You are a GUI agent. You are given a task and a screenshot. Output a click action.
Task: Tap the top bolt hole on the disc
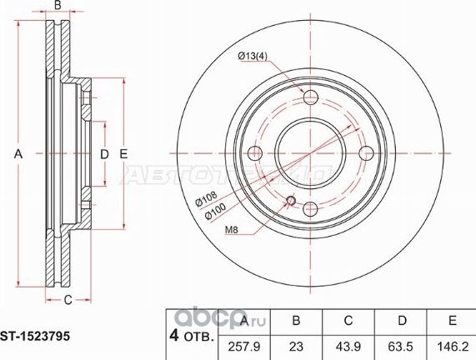pyautogui.click(x=310, y=97)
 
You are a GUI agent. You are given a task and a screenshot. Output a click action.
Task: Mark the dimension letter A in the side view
pyautogui.click(x=18, y=154)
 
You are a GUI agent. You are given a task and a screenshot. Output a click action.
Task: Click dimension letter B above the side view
pyautogui.click(x=58, y=6)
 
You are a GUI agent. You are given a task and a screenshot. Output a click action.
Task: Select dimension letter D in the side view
pyautogui.click(x=104, y=154)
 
